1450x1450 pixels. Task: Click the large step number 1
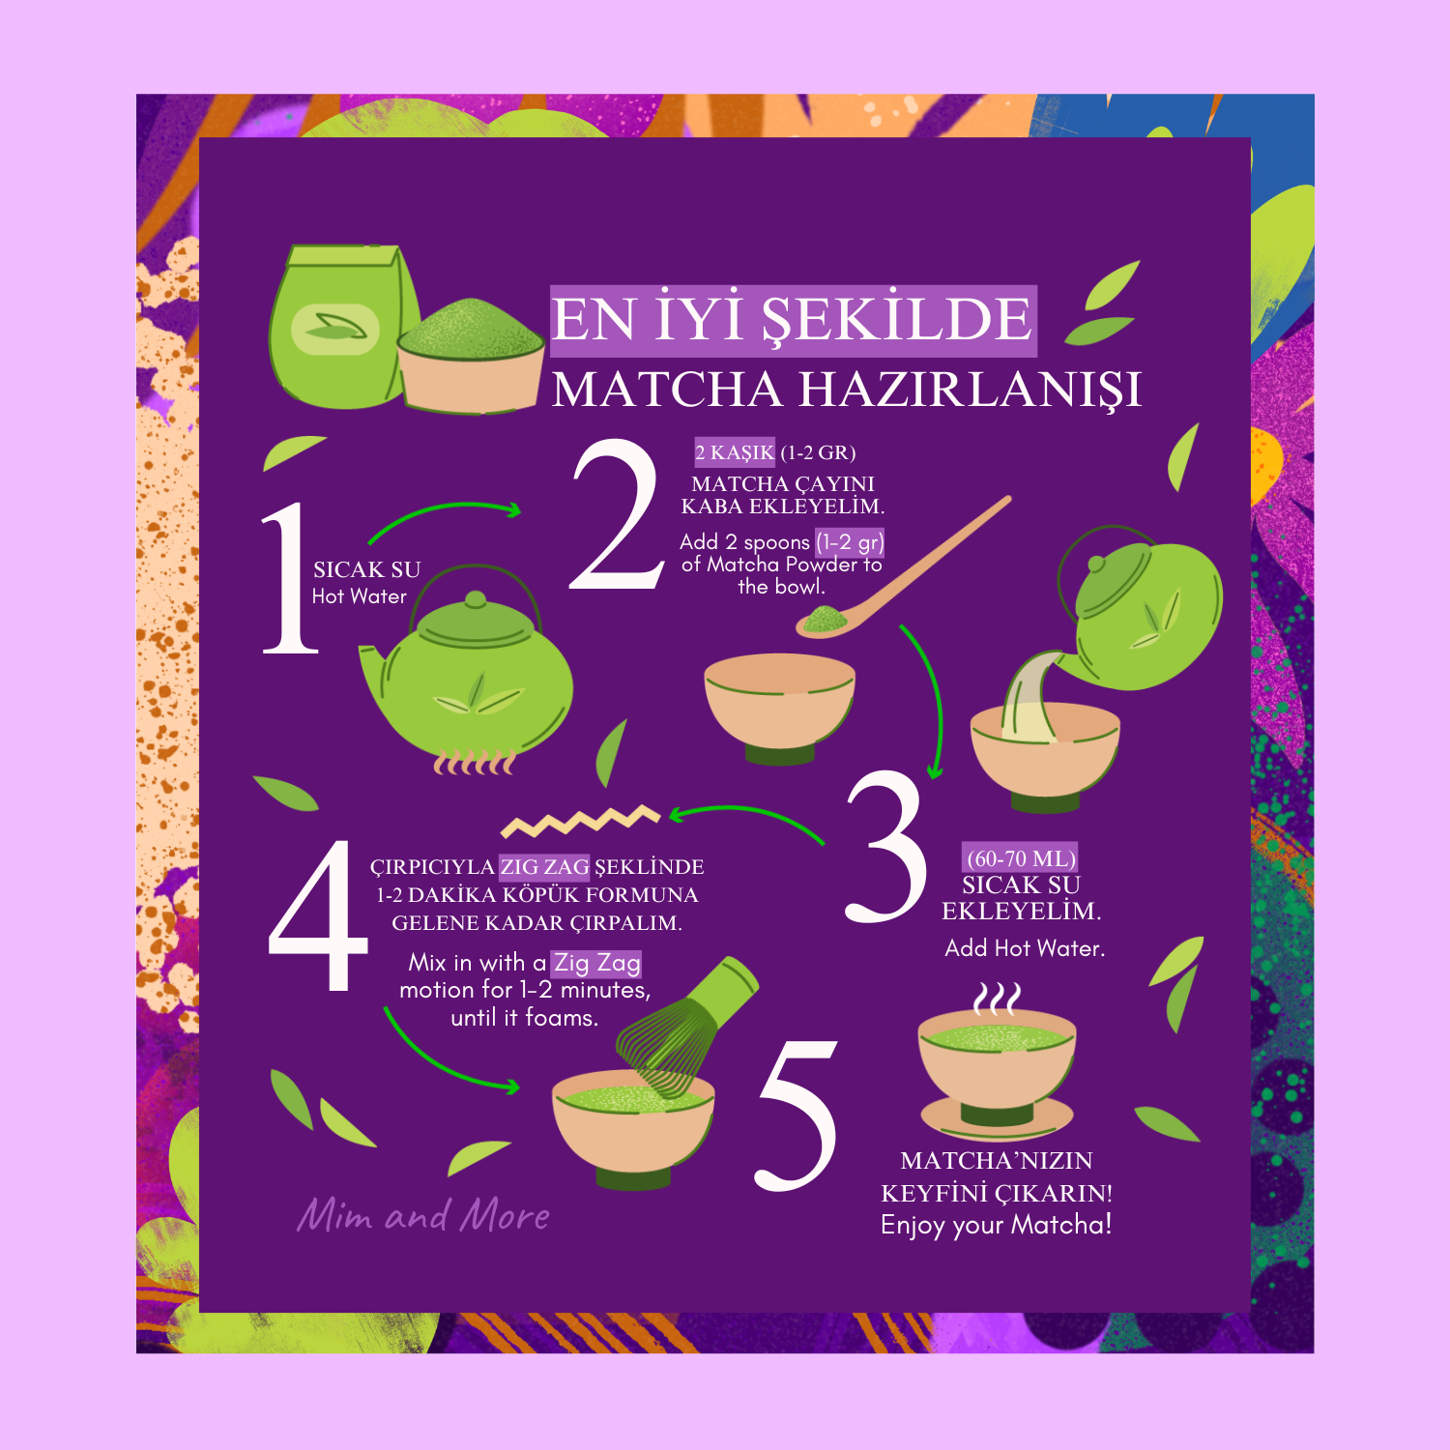tap(291, 578)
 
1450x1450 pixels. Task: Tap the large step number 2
tap(616, 515)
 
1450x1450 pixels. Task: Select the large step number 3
tap(886, 847)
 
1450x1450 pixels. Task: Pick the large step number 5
tap(797, 1115)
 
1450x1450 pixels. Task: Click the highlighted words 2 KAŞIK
tap(735, 452)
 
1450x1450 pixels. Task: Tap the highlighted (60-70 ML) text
tap(1021, 858)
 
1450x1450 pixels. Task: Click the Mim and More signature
tap(423, 1214)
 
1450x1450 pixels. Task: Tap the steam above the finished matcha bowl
tap(997, 999)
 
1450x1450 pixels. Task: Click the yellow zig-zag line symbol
tap(580, 821)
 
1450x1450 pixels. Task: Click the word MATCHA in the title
tap(667, 390)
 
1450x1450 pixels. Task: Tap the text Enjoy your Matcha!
tap(997, 1225)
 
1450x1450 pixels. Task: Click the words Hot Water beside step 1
tap(360, 596)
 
